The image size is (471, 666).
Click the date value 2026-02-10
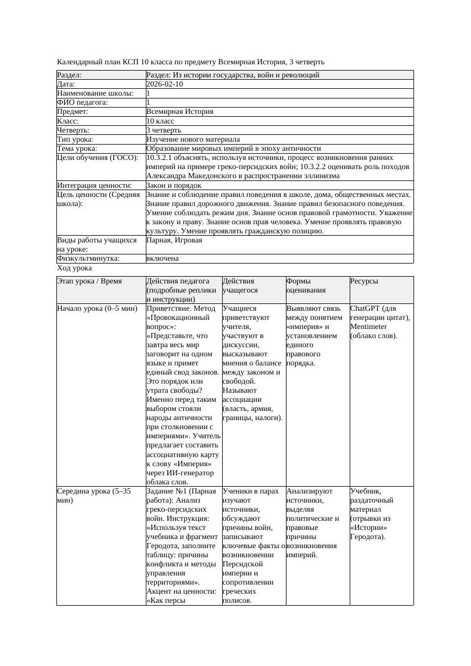[165, 84]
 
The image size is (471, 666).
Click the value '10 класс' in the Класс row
[160, 121]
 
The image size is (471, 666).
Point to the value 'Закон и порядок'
[174, 186]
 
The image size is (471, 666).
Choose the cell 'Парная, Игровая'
[174, 240]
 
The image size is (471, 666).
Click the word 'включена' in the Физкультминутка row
[162, 258]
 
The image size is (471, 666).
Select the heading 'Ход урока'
[75, 268]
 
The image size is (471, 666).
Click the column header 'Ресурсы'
[364, 281]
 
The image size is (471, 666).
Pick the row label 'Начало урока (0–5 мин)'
[97, 309]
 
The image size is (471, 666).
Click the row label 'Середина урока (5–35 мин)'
[94, 495]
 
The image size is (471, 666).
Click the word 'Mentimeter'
[368, 327]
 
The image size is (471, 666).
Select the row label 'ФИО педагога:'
[83, 102]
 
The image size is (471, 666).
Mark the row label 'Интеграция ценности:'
[94, 186]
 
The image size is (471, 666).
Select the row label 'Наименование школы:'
[95, 93]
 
